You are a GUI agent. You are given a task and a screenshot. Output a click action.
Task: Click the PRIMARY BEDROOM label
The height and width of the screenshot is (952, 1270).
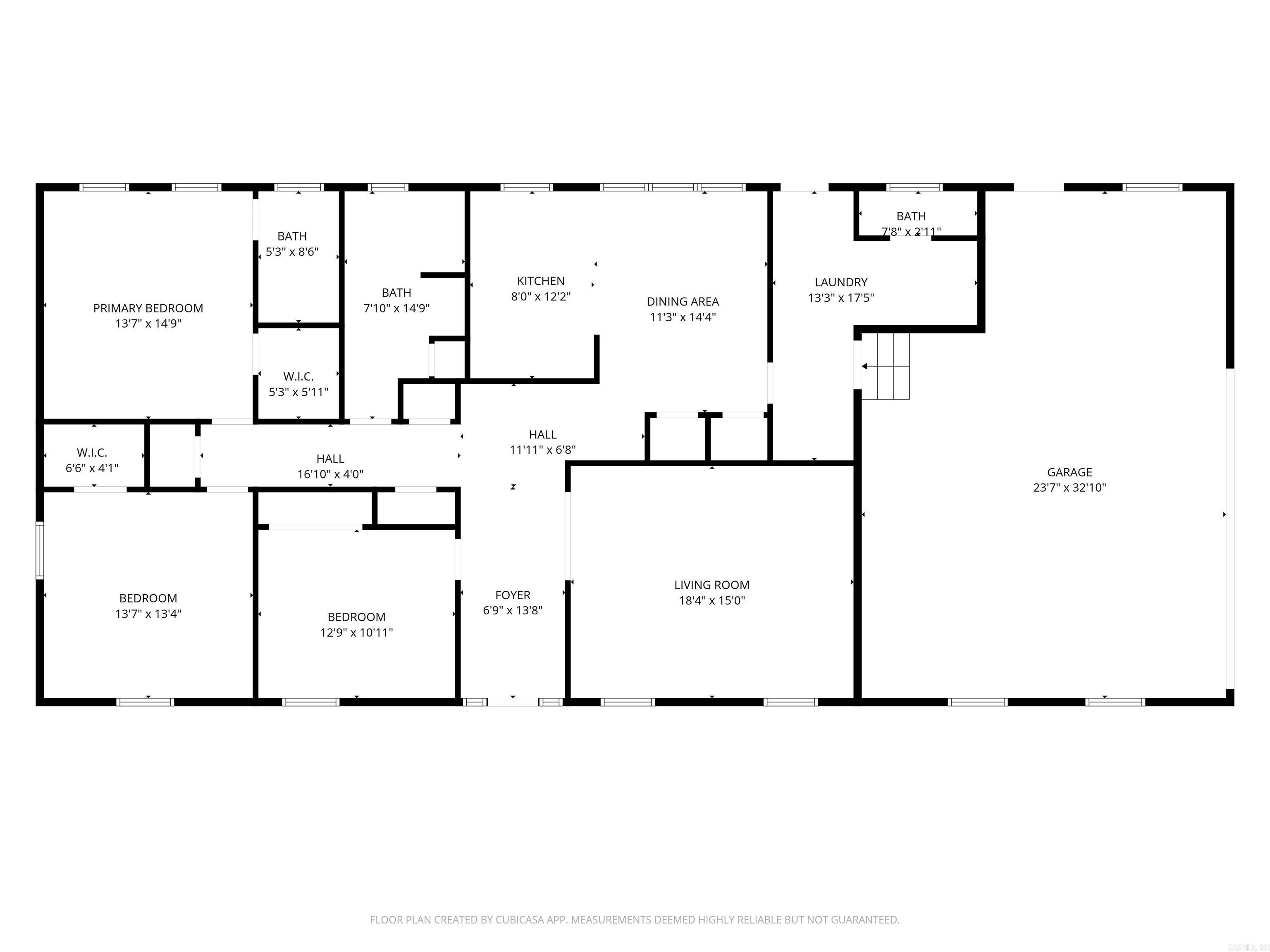(x=148, y=308)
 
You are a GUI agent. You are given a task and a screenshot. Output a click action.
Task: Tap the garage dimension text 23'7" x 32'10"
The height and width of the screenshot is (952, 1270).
(x=1069, y=488)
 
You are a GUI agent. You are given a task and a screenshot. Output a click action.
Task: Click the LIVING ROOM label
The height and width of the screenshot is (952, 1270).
(x=711, y=585)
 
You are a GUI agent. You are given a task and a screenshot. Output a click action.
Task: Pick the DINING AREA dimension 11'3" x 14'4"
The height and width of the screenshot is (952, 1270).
(x=683, y=317)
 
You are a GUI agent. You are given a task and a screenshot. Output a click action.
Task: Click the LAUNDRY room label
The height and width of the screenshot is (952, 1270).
(x=840, y=282)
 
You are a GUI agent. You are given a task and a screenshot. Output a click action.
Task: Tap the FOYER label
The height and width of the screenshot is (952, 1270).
(x=513, y=595)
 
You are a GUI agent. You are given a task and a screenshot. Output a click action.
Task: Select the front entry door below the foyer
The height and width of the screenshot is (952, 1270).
(x=513, y=701)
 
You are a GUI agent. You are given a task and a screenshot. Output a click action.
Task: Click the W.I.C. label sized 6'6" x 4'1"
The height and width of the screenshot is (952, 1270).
(x=92, y=453)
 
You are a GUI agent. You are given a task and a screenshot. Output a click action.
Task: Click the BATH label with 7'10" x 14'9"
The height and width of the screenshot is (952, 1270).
(x=396, y=293)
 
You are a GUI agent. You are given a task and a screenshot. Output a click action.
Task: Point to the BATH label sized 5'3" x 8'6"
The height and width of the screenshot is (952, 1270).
(x=292, y=236)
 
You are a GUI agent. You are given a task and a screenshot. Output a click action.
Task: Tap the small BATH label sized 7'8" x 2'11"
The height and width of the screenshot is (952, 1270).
(x=911, y=217)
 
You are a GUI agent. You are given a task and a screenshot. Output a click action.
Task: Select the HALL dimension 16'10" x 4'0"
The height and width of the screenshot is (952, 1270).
(x=330, y=474)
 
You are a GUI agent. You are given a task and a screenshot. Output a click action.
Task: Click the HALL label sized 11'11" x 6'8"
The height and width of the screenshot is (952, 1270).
(x=542, y=434)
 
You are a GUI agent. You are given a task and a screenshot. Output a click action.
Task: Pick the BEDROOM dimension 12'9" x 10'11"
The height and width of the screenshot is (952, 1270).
(x=356, y=632)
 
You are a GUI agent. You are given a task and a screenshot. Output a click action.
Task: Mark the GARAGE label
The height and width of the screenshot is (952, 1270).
(x=1069, y=472)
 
